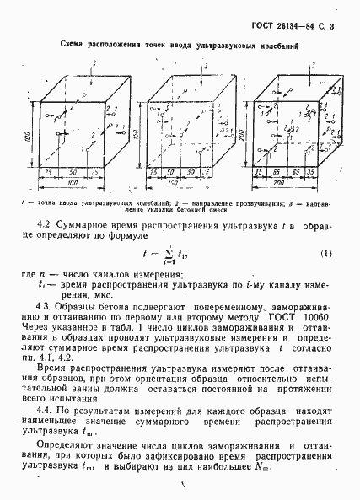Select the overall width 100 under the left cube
click(73, 182)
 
